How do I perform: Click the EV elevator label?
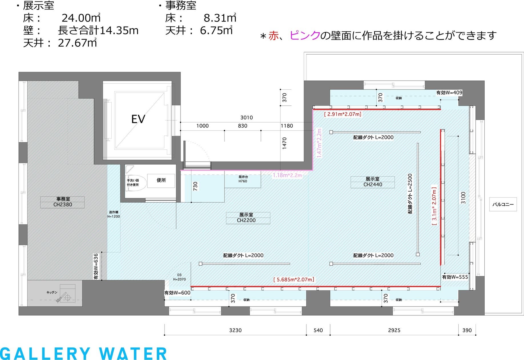click(x=138, y=119)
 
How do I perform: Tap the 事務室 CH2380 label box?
click(x=62, y=202)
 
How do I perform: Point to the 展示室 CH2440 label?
click(x=373, y=182)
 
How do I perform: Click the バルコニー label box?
click(x=503, y=204)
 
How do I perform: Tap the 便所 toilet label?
click(x=161, y=180)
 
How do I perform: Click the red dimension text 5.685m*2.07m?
click(x=294, y=279)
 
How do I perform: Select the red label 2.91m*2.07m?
click(x=343, y=114)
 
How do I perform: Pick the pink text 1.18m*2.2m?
click(x=287, y=175)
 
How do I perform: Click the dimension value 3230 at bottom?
click(x=235, y=330)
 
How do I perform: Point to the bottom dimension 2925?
click(x=394, y=330)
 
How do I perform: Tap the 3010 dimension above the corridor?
click(x=246, y=117)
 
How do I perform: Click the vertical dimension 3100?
click(x=463, y=198)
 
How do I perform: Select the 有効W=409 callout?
click(x=449, y=93)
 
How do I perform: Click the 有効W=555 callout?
click(x=455, y=277)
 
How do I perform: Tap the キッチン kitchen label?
click(x=52, y=292)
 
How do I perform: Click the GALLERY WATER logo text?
click(x=83, y=354)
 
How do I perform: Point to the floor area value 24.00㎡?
click(x=81, y=18)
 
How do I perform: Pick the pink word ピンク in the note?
click(x=305, y=35)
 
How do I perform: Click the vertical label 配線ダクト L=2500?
click(x=410, y=194)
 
